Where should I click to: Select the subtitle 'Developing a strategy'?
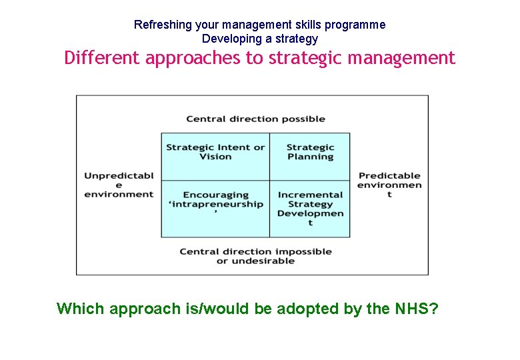click(x=259, y=39)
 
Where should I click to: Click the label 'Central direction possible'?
click(x=255, y=119)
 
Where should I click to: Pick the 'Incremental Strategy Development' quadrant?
click(x=310, y=209)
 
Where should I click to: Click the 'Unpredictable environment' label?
click(x=119, y=185)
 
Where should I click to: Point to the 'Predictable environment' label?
click(x=389, y=185)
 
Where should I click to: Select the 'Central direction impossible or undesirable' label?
click(x=255, y=256)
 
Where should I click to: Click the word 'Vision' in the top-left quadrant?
click(x=215, y=157)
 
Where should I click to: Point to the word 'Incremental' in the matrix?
click(x=310, y=195)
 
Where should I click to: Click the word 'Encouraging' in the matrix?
click(x=215, y=195)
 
